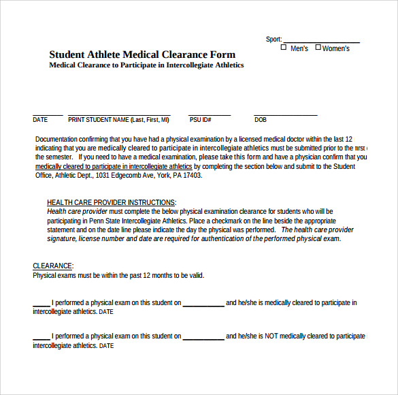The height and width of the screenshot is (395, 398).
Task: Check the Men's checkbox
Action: [x=284, y=48]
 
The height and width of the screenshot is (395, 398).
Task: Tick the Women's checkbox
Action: [x=318, y=48]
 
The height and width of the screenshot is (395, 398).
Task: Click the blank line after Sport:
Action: [x=321, y=41]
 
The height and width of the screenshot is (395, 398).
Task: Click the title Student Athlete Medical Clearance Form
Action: [x=142, y=54]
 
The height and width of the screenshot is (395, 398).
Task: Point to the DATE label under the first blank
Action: [x=40, y=120]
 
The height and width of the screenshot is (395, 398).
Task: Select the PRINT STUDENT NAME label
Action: [x=118, y=120]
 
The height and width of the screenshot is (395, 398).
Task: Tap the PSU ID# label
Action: [x=200, y=120]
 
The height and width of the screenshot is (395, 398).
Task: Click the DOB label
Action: [x=261, y=120]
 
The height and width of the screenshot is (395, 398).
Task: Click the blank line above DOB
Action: [x=286, y=114]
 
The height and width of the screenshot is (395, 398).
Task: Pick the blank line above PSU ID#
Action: [x=210, y=114]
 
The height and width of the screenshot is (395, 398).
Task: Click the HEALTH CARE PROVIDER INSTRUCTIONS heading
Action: [x=111, y=202]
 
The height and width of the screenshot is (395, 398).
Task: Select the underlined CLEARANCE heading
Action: [x=52, y=266]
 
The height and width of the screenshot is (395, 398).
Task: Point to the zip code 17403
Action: [x=193, y=175]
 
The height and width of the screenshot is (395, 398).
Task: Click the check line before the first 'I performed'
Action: [x=42, y=305]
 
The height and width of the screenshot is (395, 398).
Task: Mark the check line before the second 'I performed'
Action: [x=42, y=338]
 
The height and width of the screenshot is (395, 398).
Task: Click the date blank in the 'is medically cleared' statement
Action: [x=203, y=305]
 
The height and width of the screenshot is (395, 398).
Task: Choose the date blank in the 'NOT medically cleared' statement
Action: [x=203, y=338]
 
